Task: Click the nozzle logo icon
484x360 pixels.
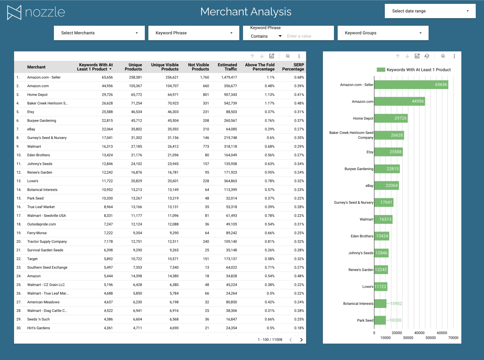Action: coord(14,12)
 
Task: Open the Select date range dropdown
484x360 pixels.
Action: coord(430,11)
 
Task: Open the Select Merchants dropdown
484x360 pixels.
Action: coord(99,33)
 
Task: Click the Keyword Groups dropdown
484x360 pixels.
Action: coord(383,33)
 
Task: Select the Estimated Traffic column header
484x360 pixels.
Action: coord(227,67)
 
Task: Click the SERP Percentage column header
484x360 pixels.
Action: coord(293,67)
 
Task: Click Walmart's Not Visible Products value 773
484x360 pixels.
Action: coord(206,147)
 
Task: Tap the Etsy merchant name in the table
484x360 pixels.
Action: coord(31,112)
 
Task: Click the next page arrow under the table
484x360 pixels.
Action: coord(301,340)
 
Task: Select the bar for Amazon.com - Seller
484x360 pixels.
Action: coord(411,85)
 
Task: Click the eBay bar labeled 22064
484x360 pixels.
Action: coord(387,186)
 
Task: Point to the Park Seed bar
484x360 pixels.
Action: coord(380,320)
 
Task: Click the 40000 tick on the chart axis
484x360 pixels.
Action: coord(419,333)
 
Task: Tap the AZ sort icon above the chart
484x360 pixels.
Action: coord(427,56)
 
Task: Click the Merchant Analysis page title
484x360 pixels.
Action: coord(246,12)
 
